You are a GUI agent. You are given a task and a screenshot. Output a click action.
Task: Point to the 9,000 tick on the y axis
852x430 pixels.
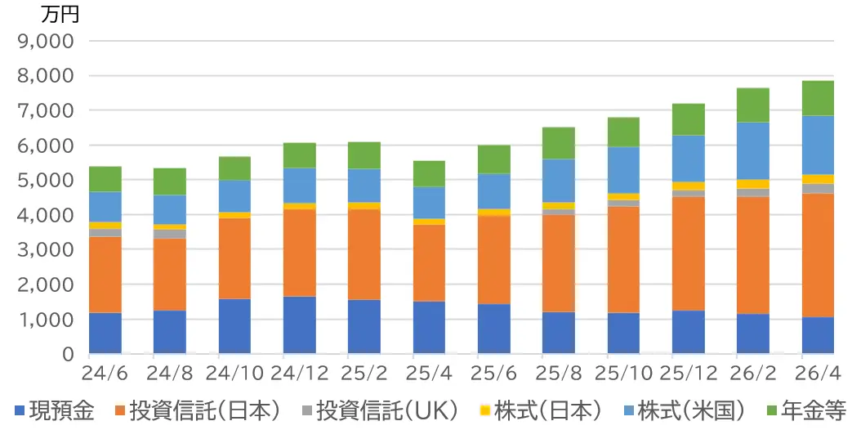[x=46, y=40]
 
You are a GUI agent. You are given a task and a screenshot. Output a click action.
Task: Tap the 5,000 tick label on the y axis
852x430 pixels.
[x=46, y=180]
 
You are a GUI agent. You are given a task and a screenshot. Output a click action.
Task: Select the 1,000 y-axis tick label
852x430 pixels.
[x=46, y=320]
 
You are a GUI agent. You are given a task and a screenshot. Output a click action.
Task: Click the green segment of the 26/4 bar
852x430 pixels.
[x=817, y=98]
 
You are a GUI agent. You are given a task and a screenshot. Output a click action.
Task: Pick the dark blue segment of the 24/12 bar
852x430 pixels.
[x=299, y=325]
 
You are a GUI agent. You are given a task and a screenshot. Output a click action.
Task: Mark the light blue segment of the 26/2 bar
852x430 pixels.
[x=752, y=151]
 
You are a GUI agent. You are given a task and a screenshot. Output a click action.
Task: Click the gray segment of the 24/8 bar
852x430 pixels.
[x=169, y=234]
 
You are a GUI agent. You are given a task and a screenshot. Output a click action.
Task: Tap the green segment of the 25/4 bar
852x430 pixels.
[x=428, y=174]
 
